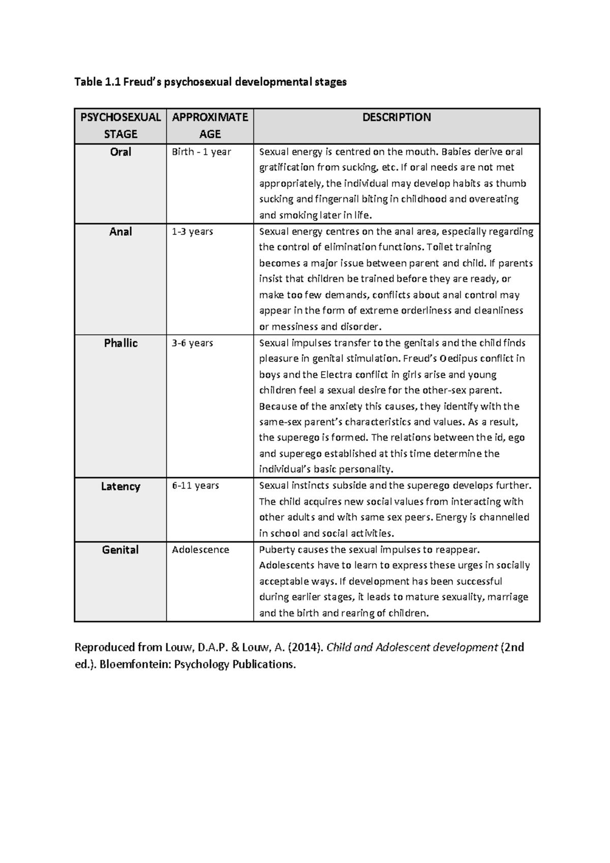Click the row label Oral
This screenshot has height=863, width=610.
tap(120, 152)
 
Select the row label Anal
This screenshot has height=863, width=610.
tap(120, 232)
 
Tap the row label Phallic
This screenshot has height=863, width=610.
tap(120, 343)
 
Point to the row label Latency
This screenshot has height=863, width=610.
tap(120, 486)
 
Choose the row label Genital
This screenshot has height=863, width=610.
tap(120, 550)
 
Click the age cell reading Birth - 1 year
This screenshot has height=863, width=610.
tap(201, 152)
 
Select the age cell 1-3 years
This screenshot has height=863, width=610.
tap(192, 232)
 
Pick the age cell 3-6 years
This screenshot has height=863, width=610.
tap(192, 343)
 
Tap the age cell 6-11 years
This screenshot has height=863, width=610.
tap(195, 486)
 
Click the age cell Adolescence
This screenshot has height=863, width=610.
tap(200, 550)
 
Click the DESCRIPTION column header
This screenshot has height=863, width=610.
tap(396, 117)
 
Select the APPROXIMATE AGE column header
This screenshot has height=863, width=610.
tap(210, 126)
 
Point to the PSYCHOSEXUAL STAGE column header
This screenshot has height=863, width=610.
tap(120, 126)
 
